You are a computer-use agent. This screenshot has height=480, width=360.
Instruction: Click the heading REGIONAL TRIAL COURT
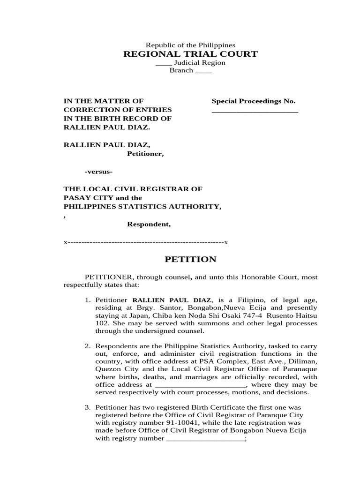coord(190,54)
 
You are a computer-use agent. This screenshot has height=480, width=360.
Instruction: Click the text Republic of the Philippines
coord(190,45)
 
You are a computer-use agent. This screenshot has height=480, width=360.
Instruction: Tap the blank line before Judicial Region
coord(163,63)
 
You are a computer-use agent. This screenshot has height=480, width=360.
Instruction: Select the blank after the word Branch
coord(203,71)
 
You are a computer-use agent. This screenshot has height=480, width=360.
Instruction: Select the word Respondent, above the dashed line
coord(149,224)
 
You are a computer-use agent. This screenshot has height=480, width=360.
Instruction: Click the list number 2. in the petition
coord(88,346)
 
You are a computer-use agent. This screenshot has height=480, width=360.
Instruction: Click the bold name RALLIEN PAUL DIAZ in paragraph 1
coord(172,300)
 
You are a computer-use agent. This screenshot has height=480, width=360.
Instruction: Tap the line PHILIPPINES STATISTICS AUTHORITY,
coord(142,207)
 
